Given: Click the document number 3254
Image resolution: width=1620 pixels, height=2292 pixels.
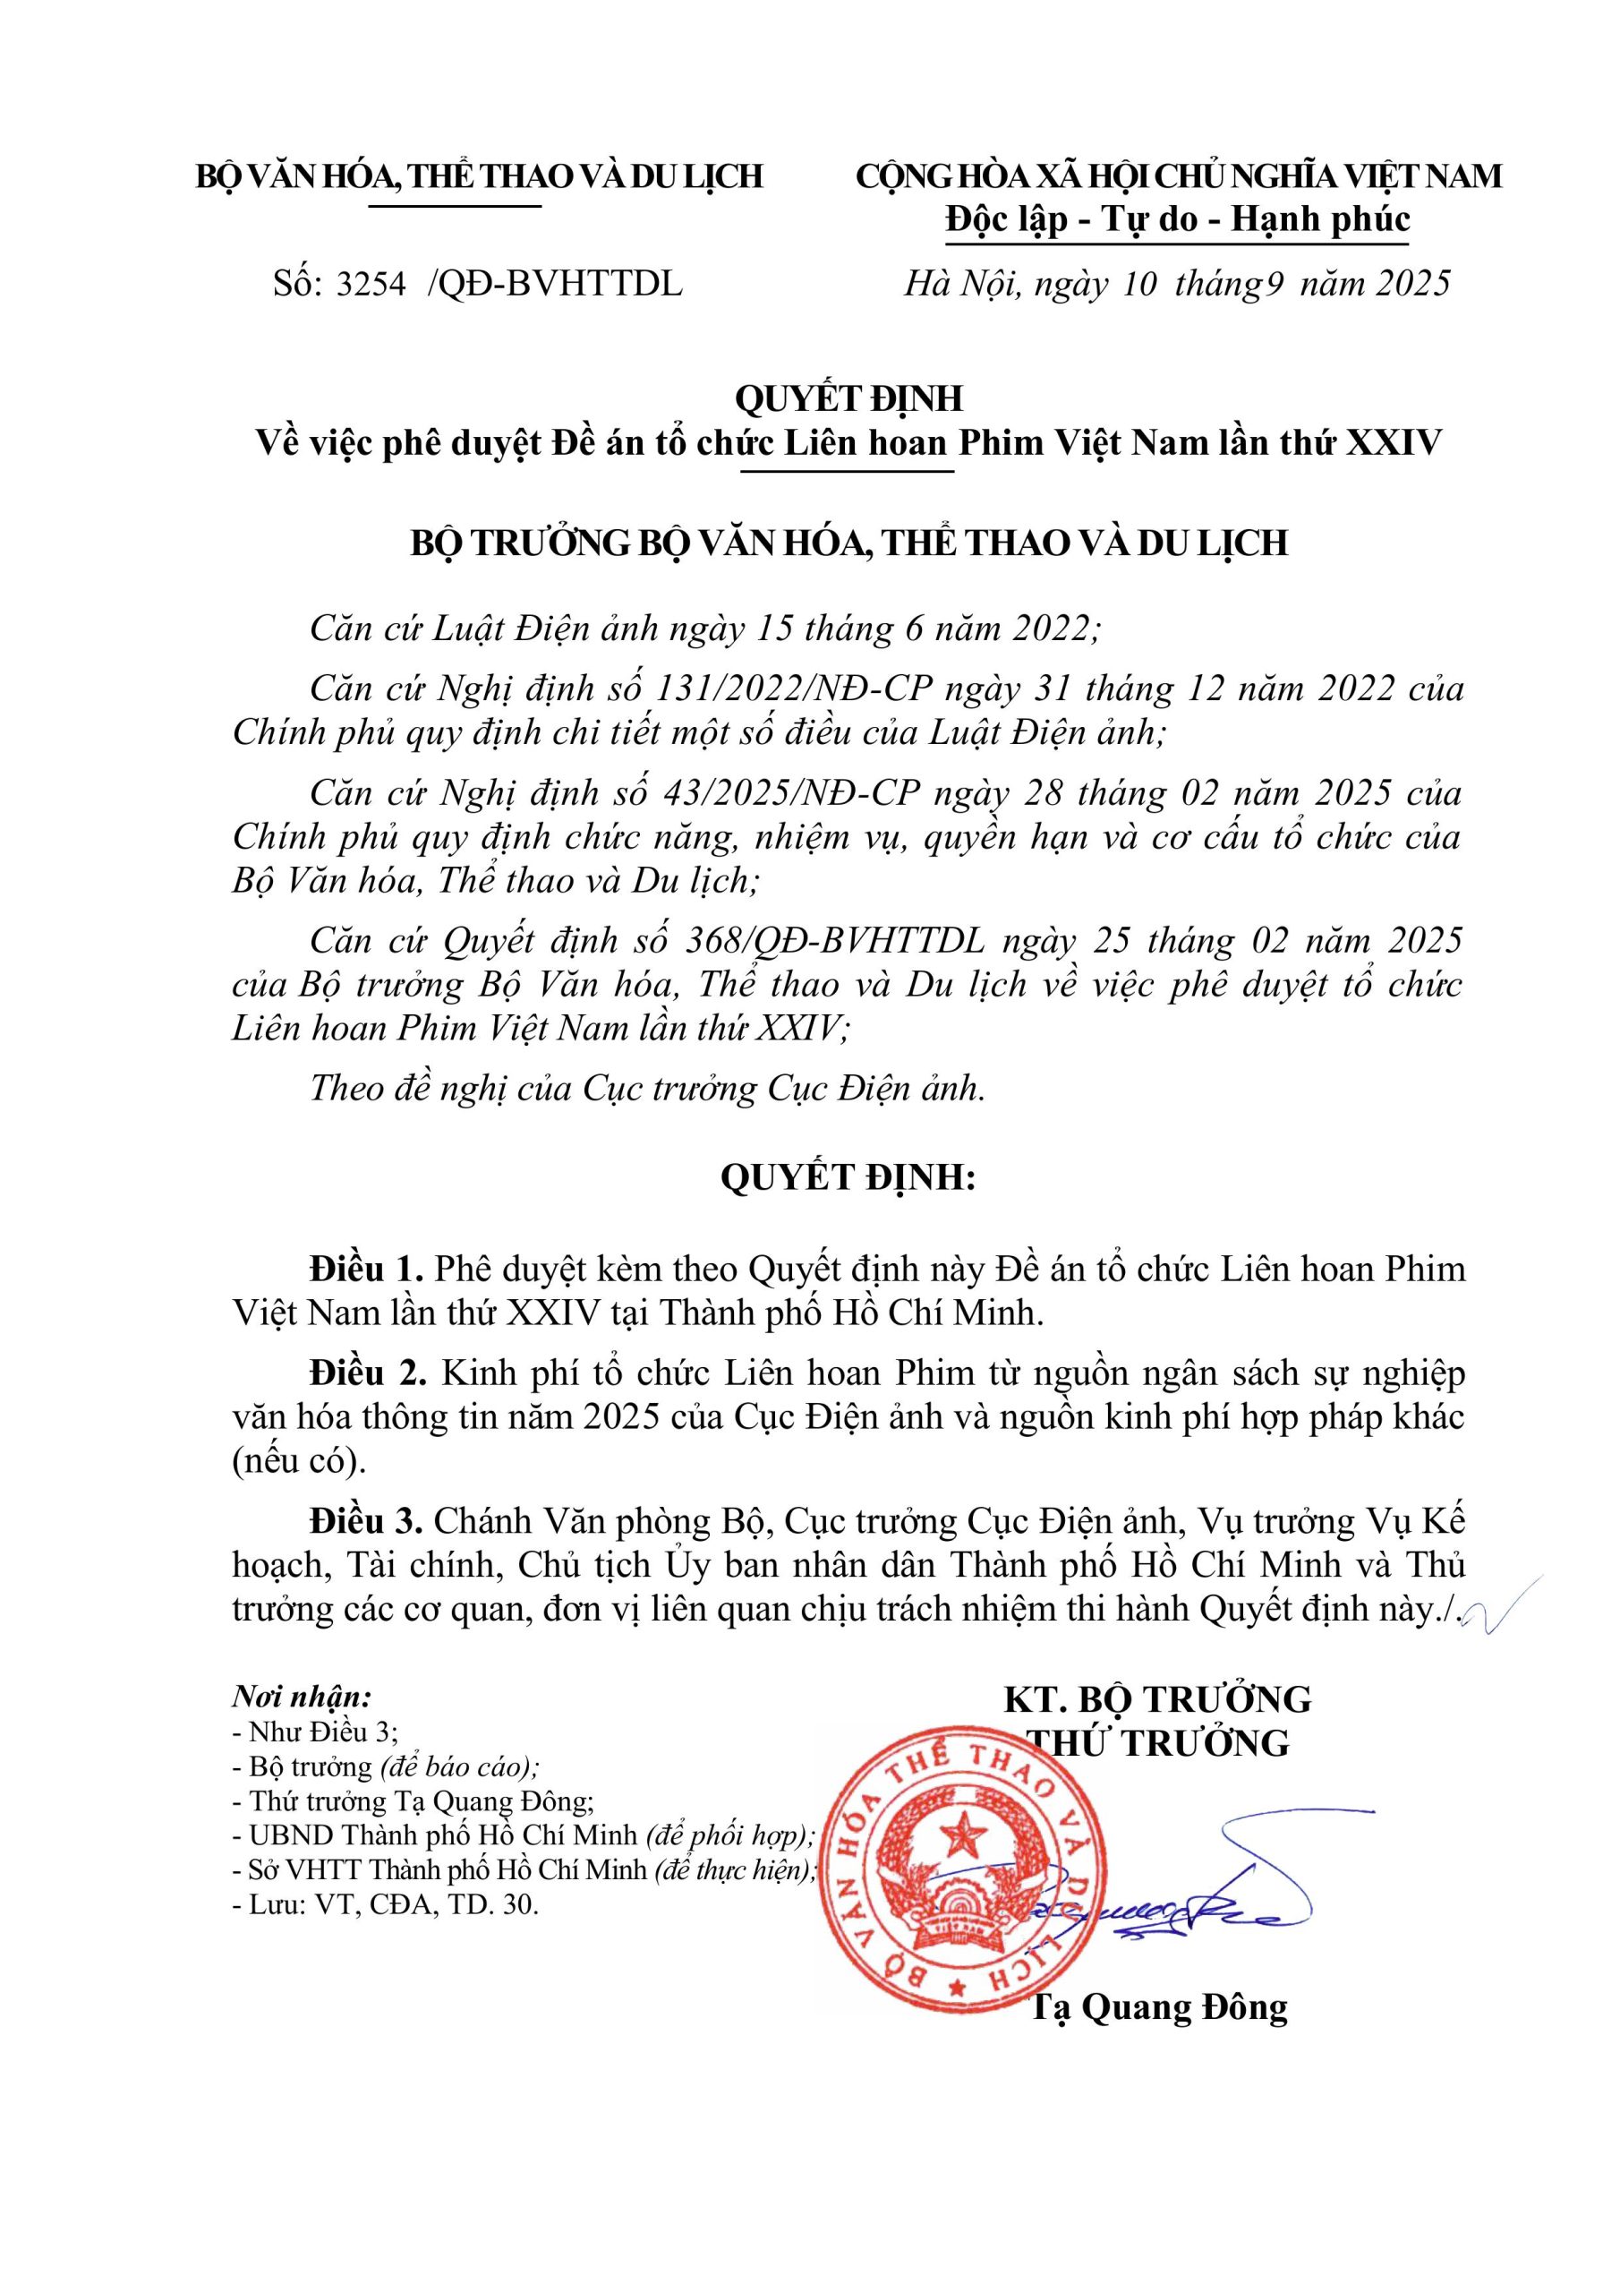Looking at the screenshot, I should click(x=371, y=285).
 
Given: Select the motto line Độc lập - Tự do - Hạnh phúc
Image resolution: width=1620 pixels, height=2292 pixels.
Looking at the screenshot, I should click(x=1178, y=219).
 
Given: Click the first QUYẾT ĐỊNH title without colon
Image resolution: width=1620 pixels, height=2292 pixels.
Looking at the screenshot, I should click(x=848, y=399).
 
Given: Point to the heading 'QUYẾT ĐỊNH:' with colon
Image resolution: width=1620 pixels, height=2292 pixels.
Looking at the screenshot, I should click(x=848, y=1179).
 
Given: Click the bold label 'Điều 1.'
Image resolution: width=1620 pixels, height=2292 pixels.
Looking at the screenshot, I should click(x=367, y=1270).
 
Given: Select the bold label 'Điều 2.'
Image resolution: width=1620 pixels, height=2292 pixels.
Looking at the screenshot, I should click(x=367, y=1373).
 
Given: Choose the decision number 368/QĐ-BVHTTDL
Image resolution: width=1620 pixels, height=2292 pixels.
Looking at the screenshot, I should click(x=834, y=940).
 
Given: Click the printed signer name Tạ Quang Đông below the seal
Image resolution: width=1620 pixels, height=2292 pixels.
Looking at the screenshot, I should click(x=1158, y=2007).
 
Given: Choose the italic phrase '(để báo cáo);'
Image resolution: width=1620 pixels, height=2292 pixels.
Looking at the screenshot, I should click(x=459, y=1767).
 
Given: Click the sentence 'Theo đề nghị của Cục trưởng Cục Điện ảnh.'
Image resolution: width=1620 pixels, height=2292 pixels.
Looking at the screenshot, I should click(x=647, y=1088).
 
